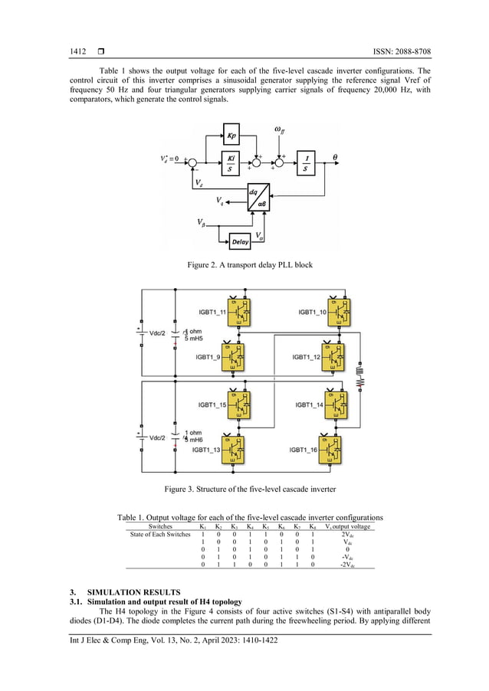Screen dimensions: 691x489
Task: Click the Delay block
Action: (x=241, y=242)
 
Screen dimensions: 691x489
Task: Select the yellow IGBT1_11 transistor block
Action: (x=244, y=311)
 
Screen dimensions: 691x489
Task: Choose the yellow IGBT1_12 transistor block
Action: (x=333, y=356)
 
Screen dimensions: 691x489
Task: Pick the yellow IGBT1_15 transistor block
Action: (x=244, y=404)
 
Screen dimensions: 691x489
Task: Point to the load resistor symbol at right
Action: (x=361, y=381)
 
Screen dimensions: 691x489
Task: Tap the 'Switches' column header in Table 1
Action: (x=160, y=526)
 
